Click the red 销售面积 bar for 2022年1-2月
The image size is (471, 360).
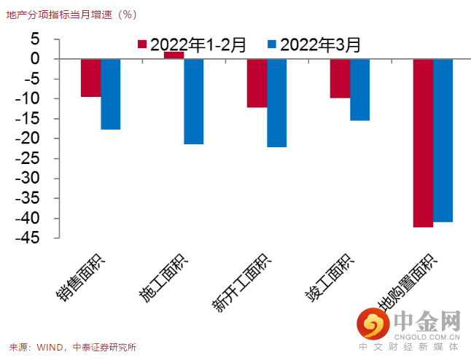[x=90, y=78]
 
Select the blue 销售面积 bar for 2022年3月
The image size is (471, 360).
[x=111, y=94]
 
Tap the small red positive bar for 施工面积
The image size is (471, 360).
[x=174, y=55]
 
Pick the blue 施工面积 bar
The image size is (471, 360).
[x=194, y=101]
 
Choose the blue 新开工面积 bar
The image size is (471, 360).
[x=277, y=103]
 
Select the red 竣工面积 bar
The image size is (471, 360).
[x=340, y=78]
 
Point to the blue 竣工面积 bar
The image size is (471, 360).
[x=360, y=90]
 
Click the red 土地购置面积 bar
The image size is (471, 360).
[x=423, y=143]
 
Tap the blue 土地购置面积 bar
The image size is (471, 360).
[x=443, y=140]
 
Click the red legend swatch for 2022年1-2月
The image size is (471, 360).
[x=143, y=44]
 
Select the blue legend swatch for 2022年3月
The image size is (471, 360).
[x=273, y=44]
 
